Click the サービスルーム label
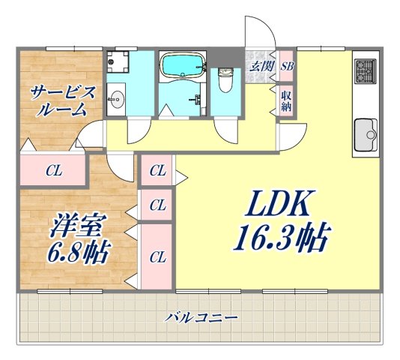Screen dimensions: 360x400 tap(63, 99)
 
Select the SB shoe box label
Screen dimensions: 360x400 tap(287, 66)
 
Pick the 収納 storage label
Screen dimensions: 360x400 tap(286, 100)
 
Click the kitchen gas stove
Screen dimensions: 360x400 tap(363, 70)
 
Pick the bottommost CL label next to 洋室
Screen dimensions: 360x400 tap(157, 256)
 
